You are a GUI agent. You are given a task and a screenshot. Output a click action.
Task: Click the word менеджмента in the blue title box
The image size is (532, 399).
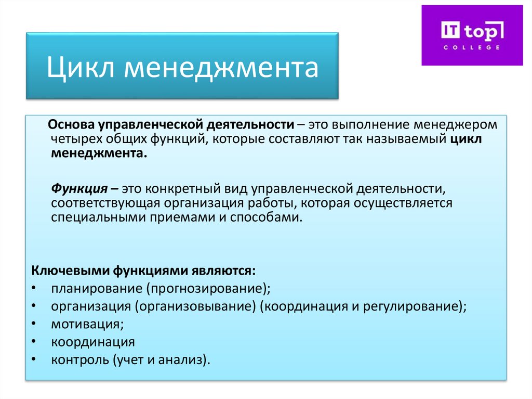[221, 68]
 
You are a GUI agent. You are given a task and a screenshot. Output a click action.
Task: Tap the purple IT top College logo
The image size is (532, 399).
[472, 35]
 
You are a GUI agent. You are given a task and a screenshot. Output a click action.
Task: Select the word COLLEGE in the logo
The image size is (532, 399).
[472, 47]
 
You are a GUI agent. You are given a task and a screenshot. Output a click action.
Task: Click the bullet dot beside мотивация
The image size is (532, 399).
[33, 324]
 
